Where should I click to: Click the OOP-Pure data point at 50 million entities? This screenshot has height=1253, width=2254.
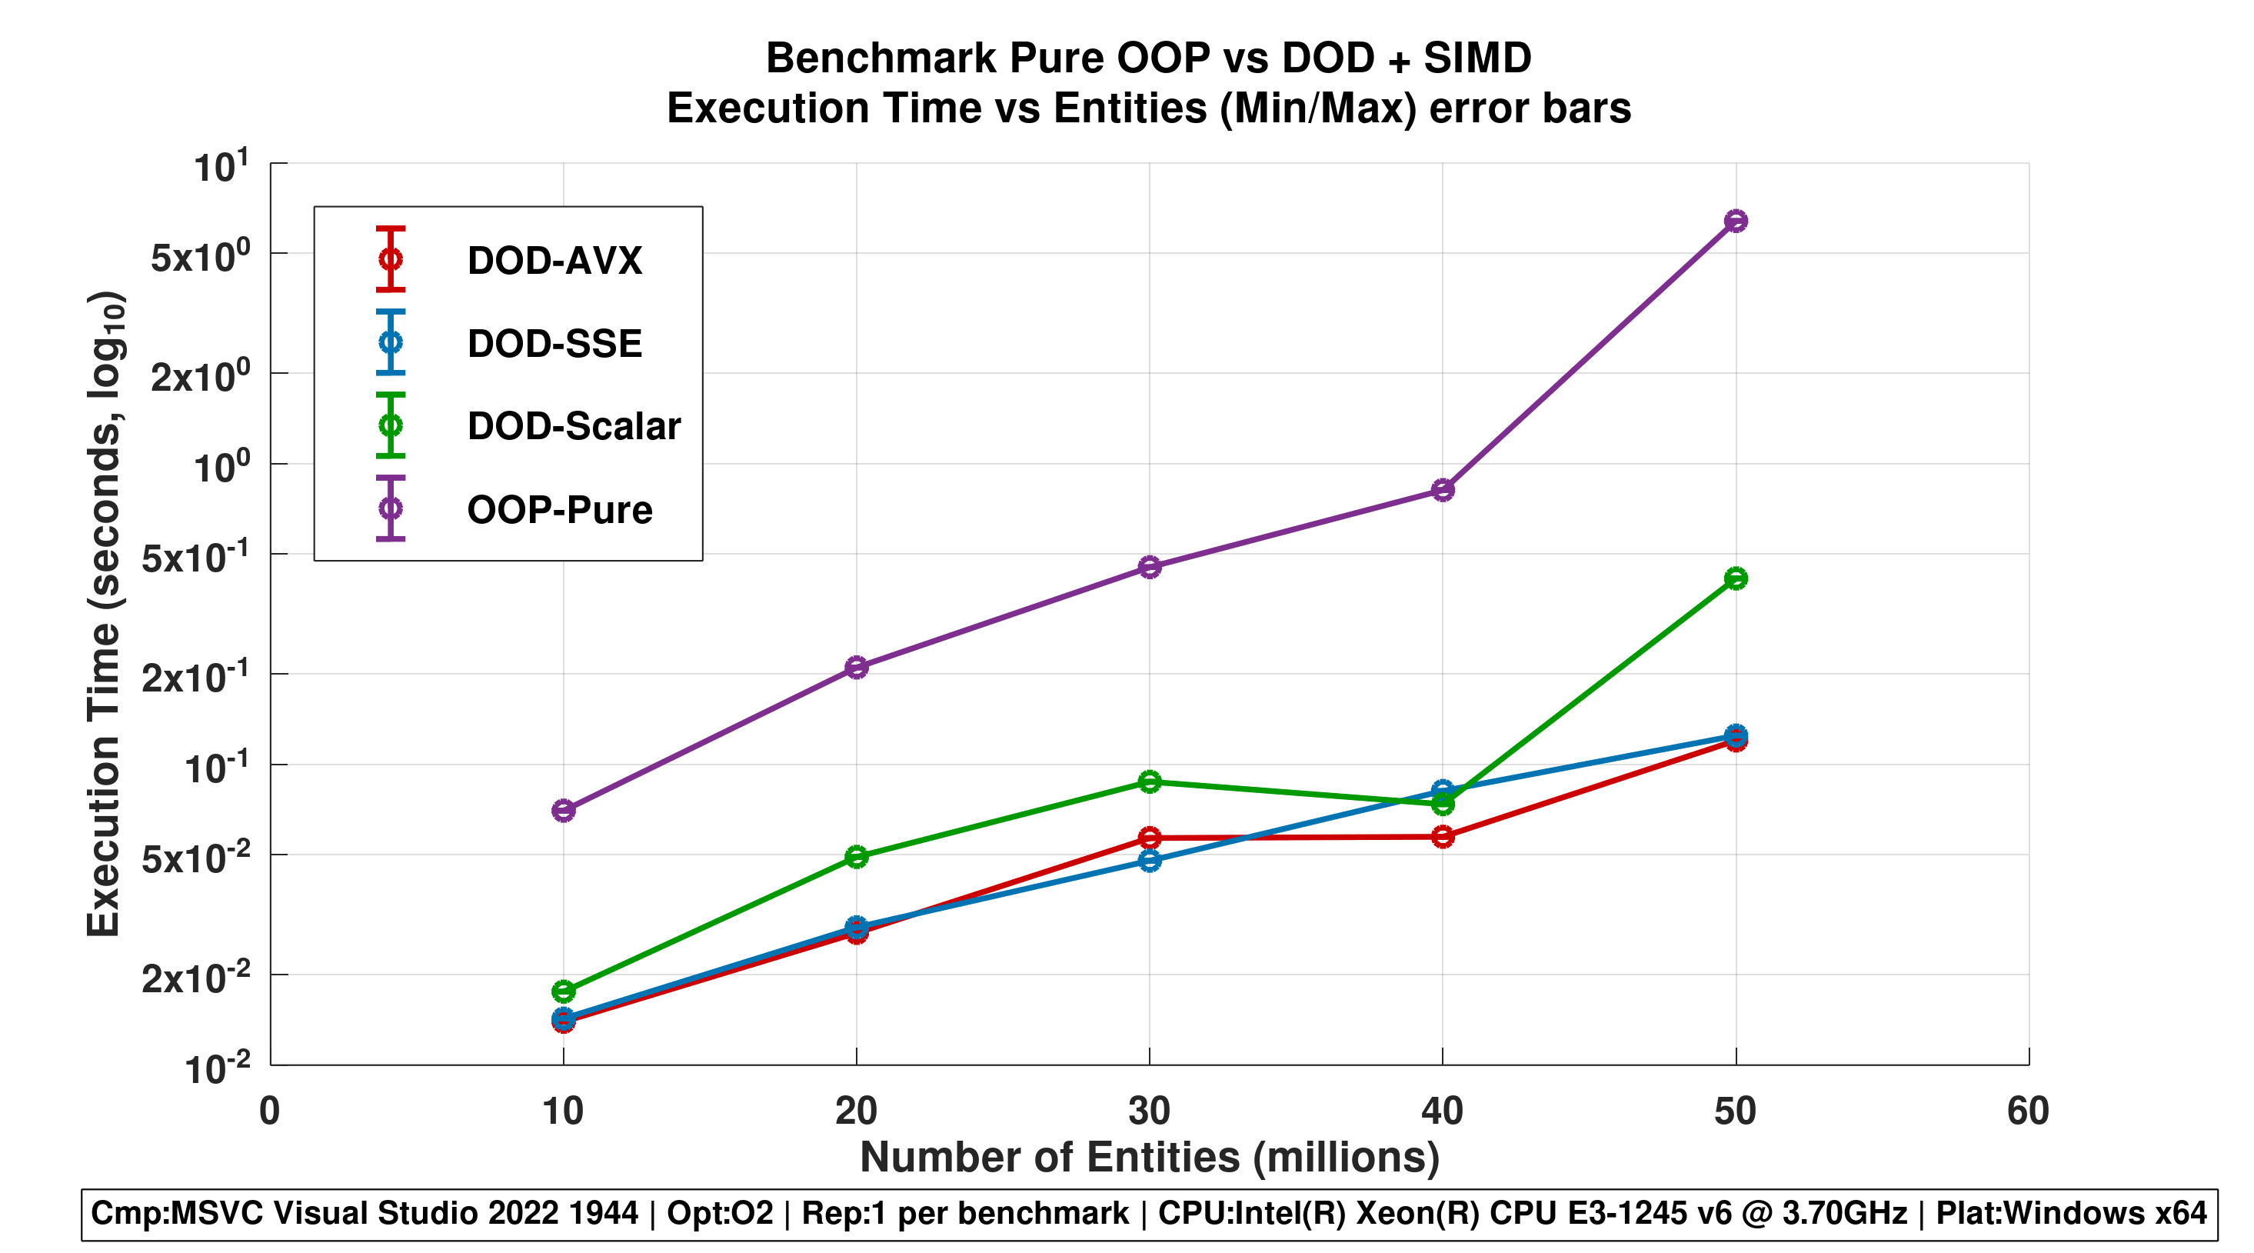click(1735, 221)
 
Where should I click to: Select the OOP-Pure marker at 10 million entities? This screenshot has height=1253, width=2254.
click(564, 810)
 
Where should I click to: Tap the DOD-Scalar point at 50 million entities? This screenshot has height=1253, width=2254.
click(1735, 578)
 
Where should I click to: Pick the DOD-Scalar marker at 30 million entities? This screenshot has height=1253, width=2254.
click(1150, 781)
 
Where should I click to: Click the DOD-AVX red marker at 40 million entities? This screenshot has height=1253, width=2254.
click(1443, 838)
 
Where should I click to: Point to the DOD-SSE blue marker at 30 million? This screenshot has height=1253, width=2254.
click(1150, 860)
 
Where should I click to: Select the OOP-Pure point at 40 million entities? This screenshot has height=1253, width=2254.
click(1443, 489)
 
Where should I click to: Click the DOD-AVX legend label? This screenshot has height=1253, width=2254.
click(554, 261)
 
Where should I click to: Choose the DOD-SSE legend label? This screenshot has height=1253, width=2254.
click(554, 344)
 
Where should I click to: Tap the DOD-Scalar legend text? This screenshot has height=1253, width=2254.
click(574, 426)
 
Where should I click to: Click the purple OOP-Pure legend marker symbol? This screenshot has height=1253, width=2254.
click(390, 508)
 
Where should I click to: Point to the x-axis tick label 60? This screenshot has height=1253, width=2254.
click(2027, 1111)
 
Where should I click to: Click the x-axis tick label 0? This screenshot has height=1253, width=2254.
click(269, 1111)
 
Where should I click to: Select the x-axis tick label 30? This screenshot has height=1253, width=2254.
click(1149, 1111)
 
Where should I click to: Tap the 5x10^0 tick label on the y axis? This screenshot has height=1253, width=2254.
click(201, 256)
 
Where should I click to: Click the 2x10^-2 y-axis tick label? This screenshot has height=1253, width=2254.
click(196, 977)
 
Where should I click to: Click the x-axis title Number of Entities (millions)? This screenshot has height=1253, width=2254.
click(1149, 1158)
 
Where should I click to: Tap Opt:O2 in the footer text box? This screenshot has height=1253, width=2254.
click(720, 1214)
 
